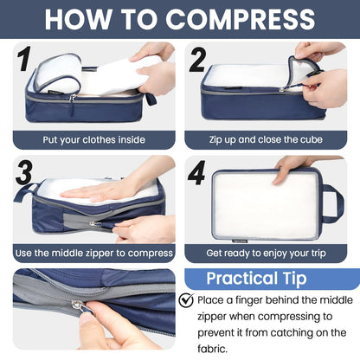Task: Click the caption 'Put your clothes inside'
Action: (x=94, y=138)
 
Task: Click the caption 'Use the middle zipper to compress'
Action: (x=94, y=253)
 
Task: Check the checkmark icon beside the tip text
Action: (x=186, y=300)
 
